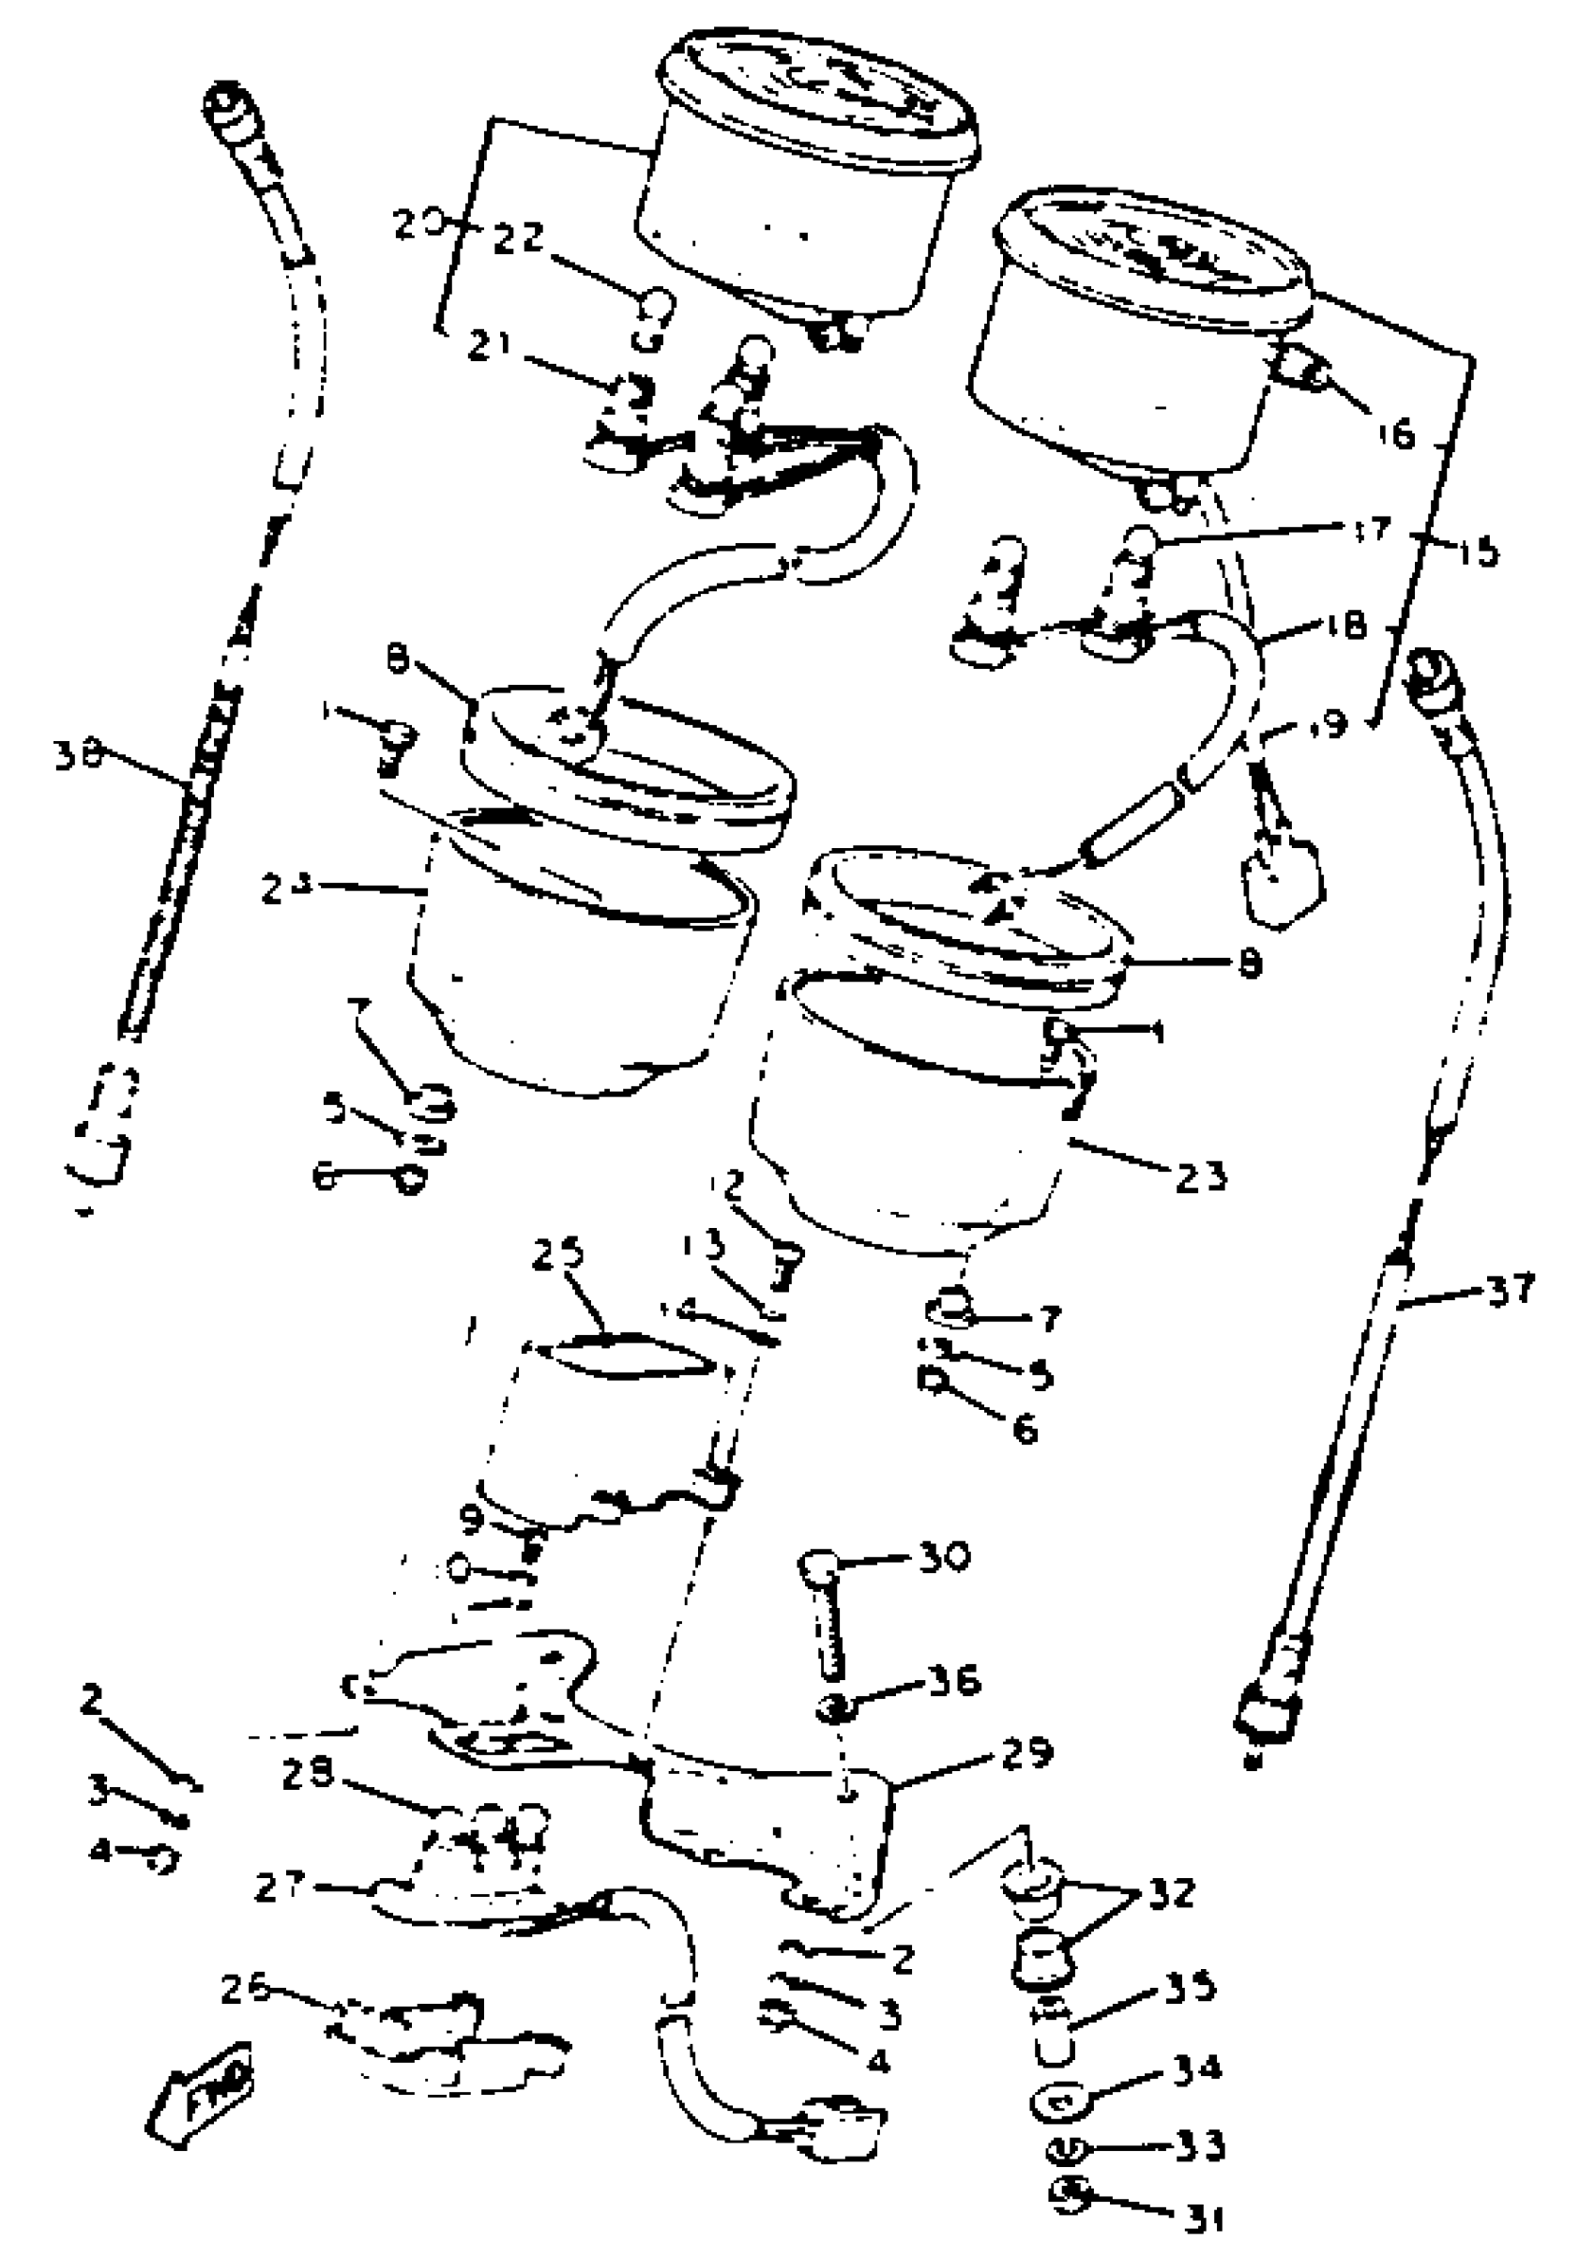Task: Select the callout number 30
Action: click(x=944, y=1554)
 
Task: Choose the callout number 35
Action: click(x=1191, y=1987)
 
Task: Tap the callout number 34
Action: click(x=1195, y=2068)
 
